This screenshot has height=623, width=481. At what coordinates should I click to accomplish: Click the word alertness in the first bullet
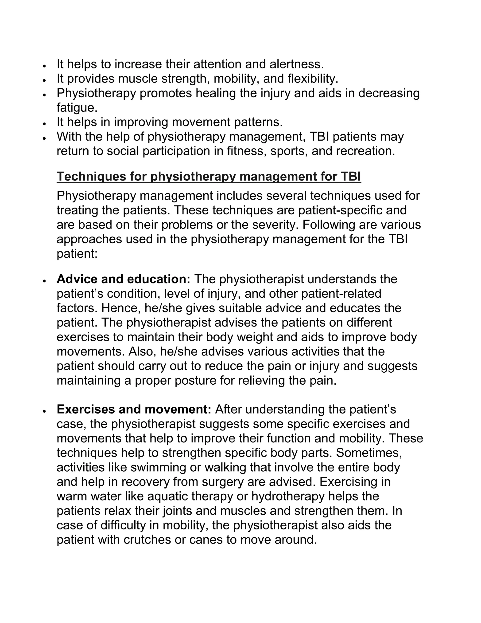pos(296,64)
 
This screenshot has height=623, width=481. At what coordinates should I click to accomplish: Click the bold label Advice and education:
pos(123,279)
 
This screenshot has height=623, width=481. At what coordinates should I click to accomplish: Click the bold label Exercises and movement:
pos(134,410)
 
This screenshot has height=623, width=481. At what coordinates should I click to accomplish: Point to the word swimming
pos(152,468)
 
